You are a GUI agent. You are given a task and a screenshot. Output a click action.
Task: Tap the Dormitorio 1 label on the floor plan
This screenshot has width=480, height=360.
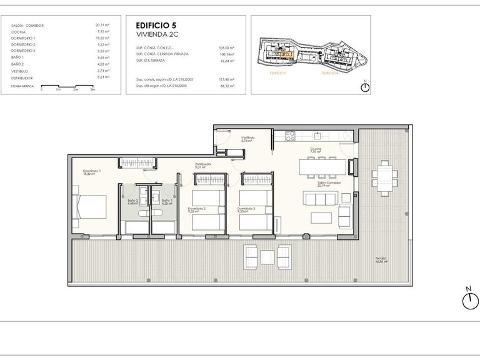pos(92,171)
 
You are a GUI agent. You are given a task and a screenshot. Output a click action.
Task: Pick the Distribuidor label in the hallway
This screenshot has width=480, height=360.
pos(202,165)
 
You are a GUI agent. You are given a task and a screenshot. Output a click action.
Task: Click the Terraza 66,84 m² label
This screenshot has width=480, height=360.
pos(381,260)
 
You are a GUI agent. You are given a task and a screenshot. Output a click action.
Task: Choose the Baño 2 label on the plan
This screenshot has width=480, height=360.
pos(132,201)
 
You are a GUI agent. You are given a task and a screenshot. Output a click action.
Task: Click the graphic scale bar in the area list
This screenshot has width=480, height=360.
pos(67,87)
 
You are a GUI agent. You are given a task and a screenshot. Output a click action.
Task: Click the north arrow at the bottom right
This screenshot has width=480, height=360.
pos(468,301)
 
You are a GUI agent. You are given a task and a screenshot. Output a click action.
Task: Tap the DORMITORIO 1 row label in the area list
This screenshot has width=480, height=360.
pos(23,39)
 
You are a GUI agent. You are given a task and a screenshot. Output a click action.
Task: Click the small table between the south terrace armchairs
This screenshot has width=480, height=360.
pos(267,256)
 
